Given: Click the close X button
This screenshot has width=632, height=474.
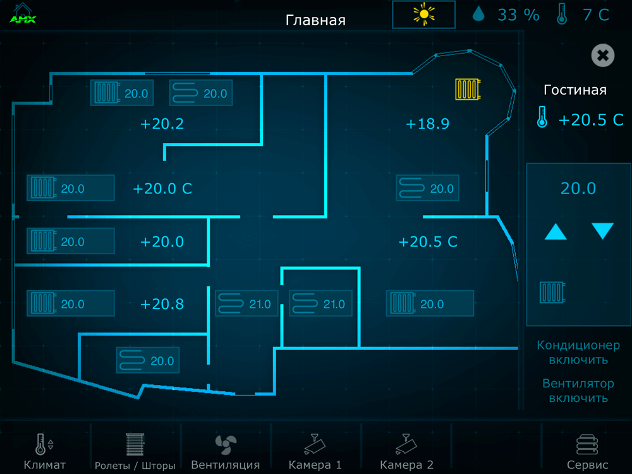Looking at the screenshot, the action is (602, 55).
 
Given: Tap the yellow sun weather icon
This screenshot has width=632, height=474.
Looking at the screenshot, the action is (423, 15).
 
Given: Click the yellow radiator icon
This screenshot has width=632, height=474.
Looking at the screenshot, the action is (468, 88).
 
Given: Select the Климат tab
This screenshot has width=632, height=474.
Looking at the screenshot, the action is (44, 451).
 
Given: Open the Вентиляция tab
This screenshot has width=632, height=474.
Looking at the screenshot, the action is (226, 451).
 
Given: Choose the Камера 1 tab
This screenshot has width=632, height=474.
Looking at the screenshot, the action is (315, 451).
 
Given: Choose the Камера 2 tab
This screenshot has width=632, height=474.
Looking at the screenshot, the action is (406, 451).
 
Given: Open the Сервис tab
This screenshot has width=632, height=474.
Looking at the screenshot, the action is (587, 451).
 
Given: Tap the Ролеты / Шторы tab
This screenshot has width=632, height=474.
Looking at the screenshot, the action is (135, 451).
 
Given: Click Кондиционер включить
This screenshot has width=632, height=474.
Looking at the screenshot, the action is (578, 352).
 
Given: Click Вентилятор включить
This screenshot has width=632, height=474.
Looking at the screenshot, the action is (578, 391).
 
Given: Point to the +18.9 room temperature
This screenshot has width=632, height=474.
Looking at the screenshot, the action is (427, 124).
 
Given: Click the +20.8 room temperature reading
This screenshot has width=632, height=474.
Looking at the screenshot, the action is (162, 304).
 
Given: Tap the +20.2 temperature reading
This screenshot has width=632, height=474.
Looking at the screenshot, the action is (162, 124).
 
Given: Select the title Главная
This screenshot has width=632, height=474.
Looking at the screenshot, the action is (315, 20).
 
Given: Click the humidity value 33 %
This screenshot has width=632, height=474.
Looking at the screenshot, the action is (518, 15).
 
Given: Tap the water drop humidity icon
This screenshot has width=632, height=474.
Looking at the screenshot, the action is (478, 14).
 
